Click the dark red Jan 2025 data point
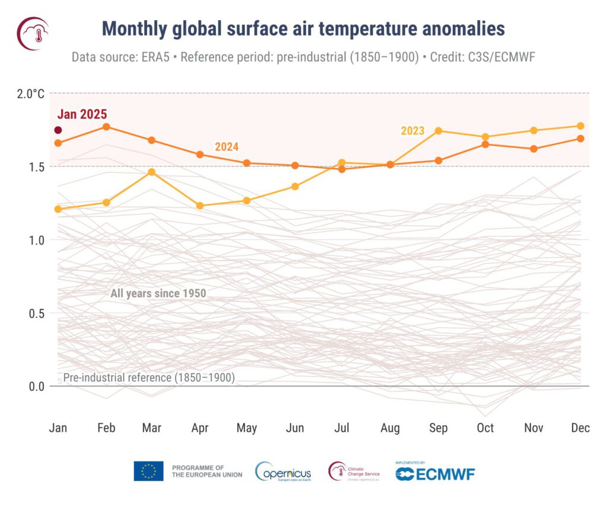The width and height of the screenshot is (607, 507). pyautogui.click(x=58, y=130)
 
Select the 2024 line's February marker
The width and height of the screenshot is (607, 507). pyautogui.click(x=106, y=127)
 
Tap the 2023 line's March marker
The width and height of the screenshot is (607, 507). pyautogui.click(x=152, y=172)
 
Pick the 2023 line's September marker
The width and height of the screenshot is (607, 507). pyautogui.click(x=439, y=131)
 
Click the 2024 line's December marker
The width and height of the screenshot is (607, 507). pyautogui.click(x=580, y=139)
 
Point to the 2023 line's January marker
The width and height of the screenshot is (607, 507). pyautogui.click(x=58, y=209)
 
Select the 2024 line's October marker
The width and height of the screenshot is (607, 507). pyautogui.click(x=485, y=144)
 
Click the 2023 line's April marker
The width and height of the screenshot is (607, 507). pyautogui.click(x=200, y=206)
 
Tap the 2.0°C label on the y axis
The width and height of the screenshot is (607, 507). pyautogui.click(x=30, y=94)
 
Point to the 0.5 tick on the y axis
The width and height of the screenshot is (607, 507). pyautogui.click(x=36, y=313)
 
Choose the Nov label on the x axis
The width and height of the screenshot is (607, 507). pyautogui.click(x=533, y=428)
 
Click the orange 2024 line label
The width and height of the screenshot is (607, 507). pyautogui.click(x=226, y=147)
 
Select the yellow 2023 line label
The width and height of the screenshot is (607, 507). pyautogui.click(x=413, y=131)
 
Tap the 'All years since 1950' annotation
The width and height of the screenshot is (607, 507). pyautogui.click(x=158, y=293)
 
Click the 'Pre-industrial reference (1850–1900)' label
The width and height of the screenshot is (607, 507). pyautogui.click(x=149, y=377)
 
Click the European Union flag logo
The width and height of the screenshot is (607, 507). pyautogui.click(x=148, y=471)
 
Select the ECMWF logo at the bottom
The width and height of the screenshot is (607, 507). pyautogui.click(x=435, y=473)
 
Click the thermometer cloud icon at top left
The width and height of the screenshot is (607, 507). pyautogui.click(x=33, y=33)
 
